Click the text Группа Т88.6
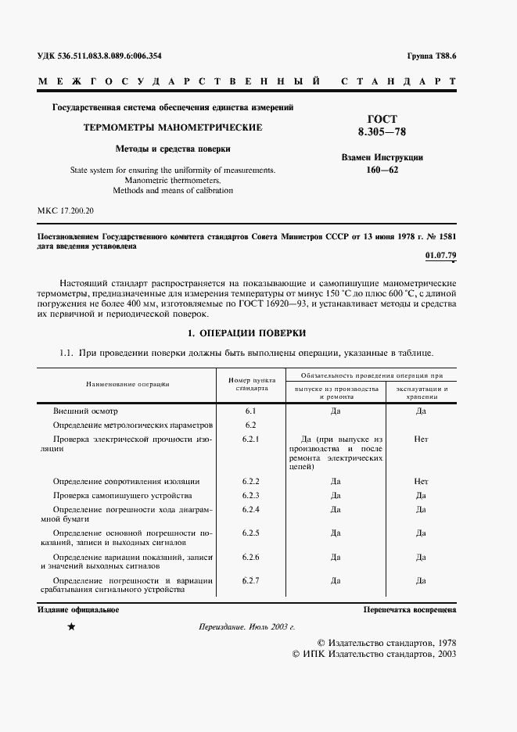(432, 56)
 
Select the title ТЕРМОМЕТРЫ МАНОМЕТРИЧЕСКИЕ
(173, 127)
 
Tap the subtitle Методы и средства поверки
(173, 148)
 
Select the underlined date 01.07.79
(440, 256)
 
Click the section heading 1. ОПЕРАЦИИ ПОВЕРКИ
(246, 332)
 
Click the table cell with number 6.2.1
(251, 439)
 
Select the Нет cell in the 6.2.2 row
(421, 481)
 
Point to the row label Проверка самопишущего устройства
(122, 495)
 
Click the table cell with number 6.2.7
(251, 580)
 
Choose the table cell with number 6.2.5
(251, 533)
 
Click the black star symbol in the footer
(72, 627)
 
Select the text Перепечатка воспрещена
(409, 609)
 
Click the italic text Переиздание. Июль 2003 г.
(246, 627)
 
